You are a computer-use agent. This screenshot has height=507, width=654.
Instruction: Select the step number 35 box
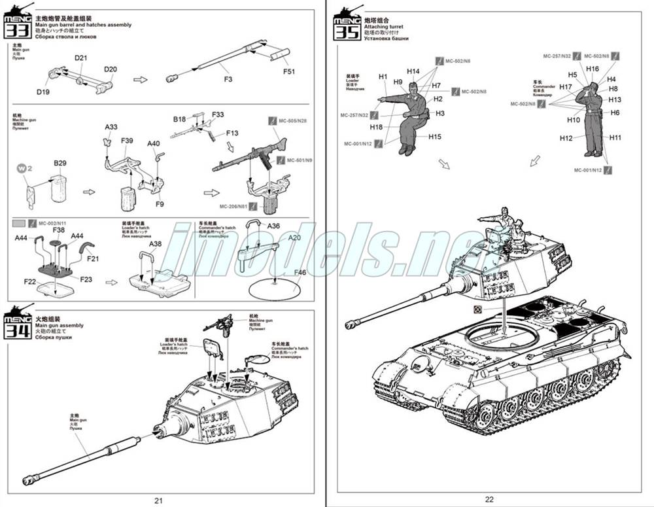coord(347,29)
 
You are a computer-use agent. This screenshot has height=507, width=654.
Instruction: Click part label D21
coord(80,59)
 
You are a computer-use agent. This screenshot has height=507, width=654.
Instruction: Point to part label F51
coord(289,71)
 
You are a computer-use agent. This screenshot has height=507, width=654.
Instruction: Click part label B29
coord(60,163)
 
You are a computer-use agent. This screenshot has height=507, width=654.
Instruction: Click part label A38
coord(156,244)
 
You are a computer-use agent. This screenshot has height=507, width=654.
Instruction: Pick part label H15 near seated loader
coord(435,137)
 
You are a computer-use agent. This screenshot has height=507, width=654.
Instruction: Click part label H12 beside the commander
coord(566,138)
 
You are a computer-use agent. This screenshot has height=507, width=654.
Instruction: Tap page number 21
coord(158,500)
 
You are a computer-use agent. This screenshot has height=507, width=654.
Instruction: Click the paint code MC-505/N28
coord(292,120)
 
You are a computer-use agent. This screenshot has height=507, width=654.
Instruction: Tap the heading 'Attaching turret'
coord(383,26)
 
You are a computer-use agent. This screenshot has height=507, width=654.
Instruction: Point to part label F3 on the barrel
coord(228,79)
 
